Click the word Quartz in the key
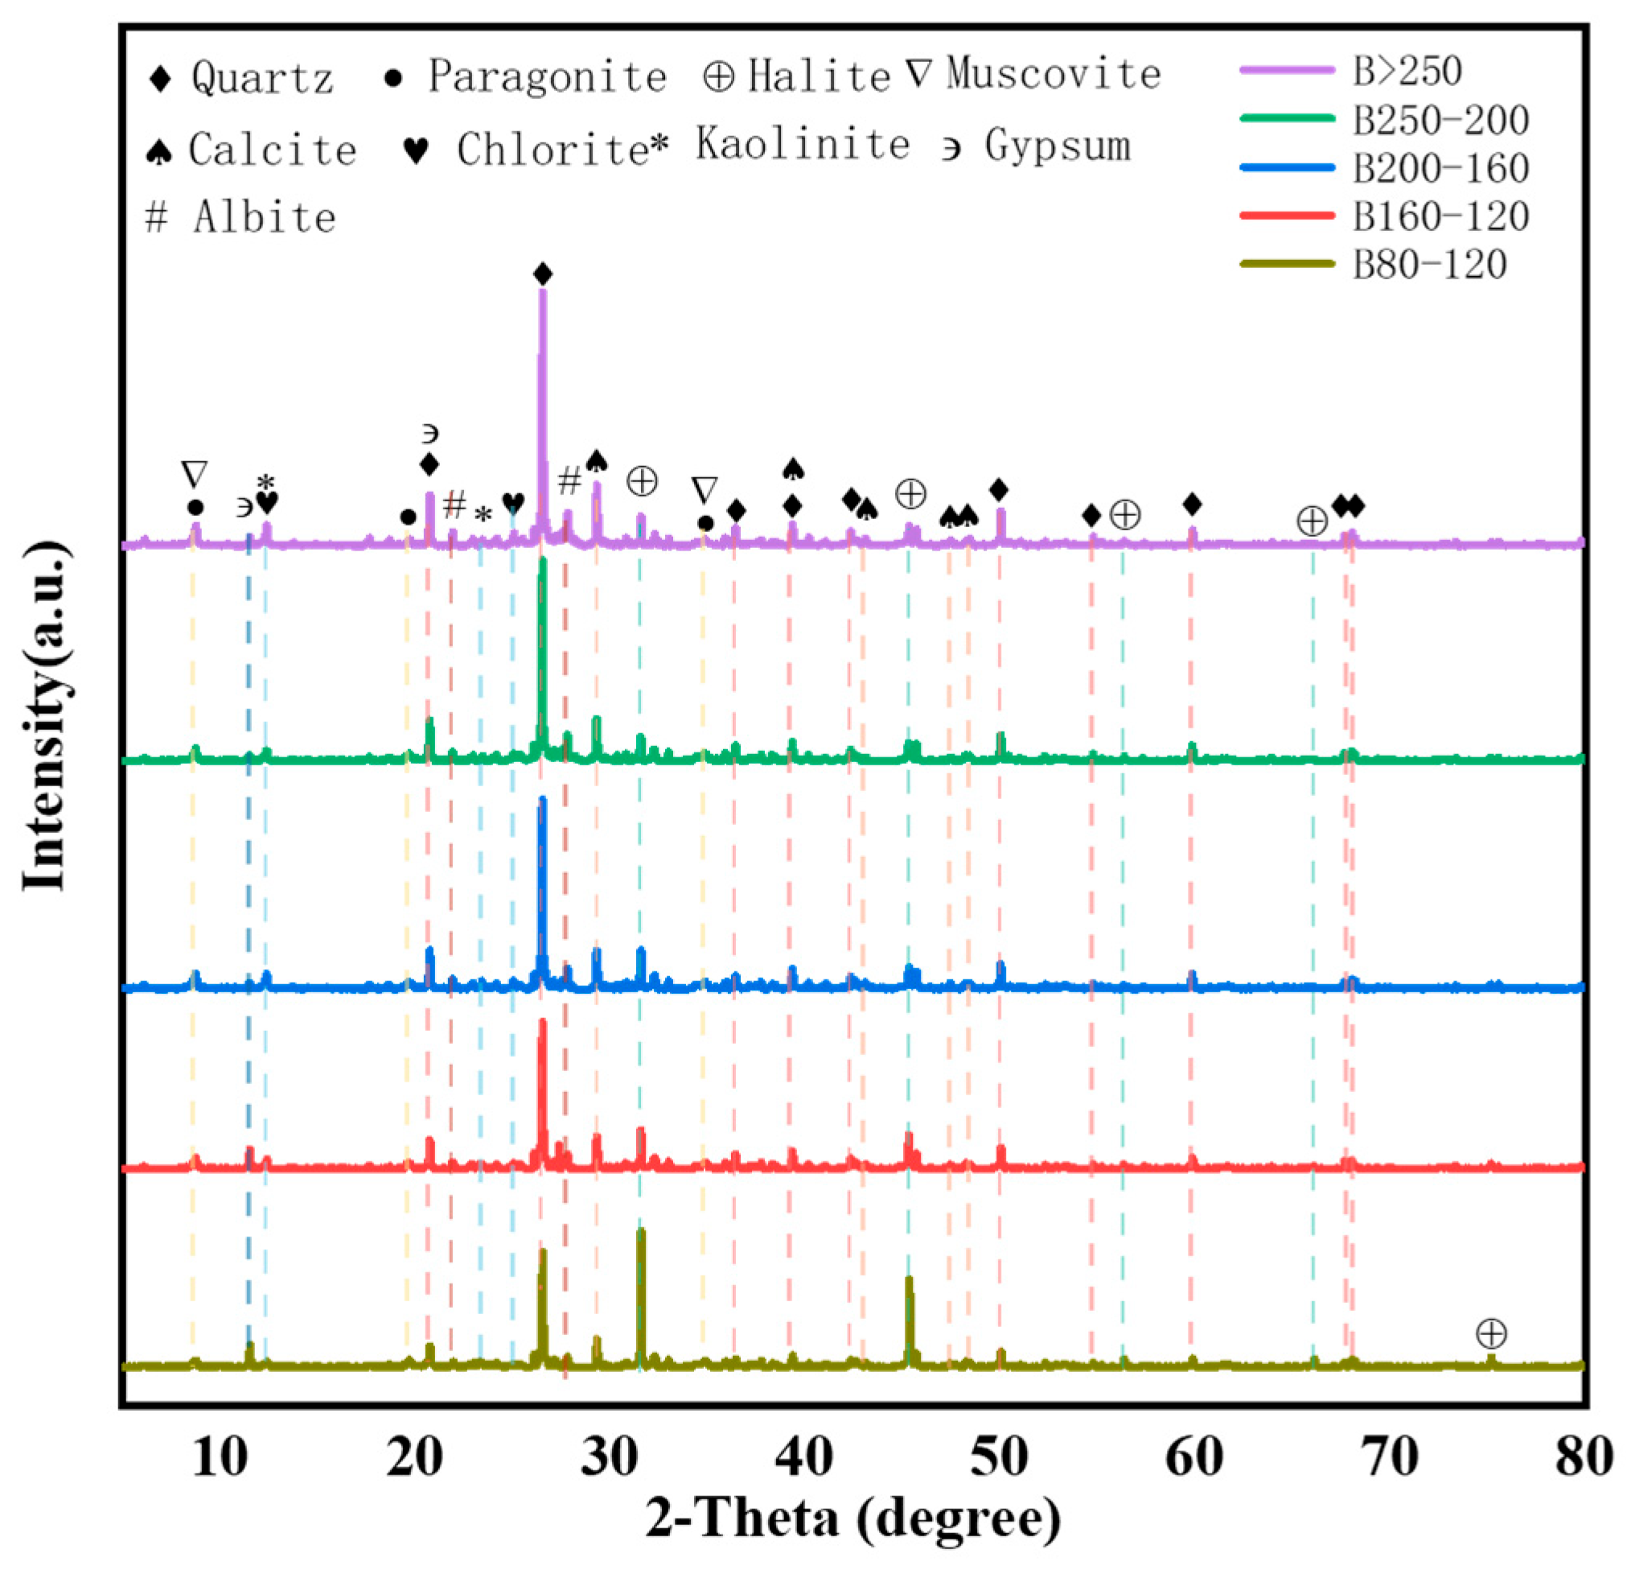click(x=262, y=78)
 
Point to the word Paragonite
click(x=547, y=76)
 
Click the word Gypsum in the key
click(x=1057, y=146)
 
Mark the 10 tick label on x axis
click(x=220, y=1457)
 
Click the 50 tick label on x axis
click(x=1000, y=1457)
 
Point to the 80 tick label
click(x=1583, y=1457)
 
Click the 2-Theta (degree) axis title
click(x=852, y=1518)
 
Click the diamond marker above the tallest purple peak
click(x=543, y=274)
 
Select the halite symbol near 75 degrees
click(x=1491, y=1333)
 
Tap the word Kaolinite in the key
click(x=803, y=144)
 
